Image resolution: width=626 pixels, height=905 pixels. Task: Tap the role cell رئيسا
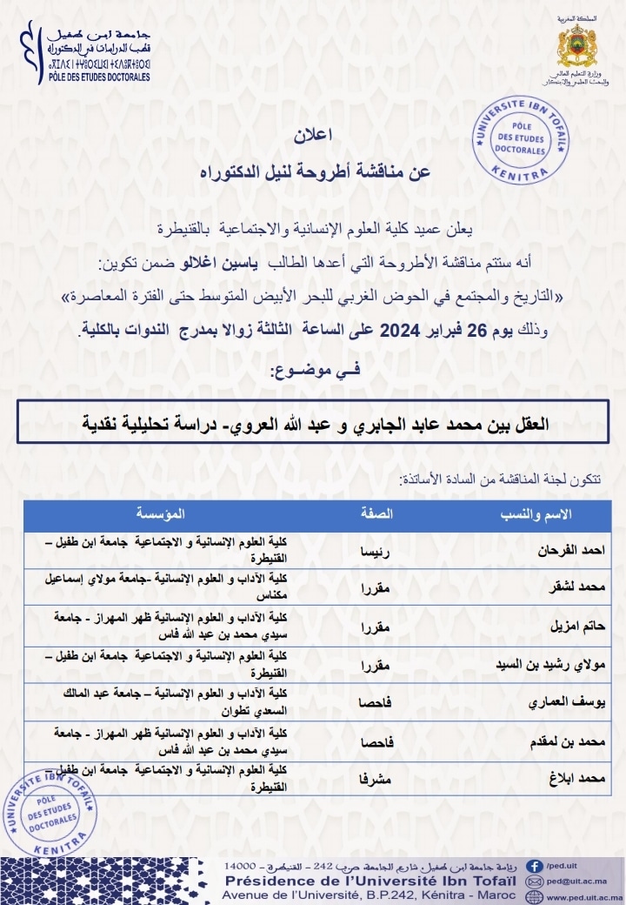[x=376, y=550]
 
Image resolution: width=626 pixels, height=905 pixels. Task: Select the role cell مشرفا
[x=375, y=781]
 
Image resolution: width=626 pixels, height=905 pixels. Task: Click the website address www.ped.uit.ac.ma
[x=584, y=895]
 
